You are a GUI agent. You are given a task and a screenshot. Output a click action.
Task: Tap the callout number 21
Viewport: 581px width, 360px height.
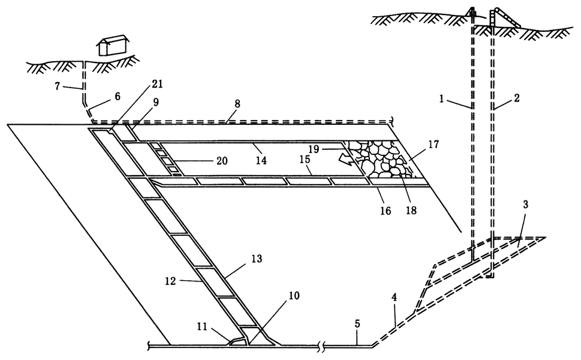pyautogui.click(x=156, y=85)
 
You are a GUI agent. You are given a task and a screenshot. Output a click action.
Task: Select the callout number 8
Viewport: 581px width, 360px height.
pyautogui.click(x=237, y=104)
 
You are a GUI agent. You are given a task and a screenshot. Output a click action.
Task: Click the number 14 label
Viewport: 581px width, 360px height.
pyautogui.click(x=261, y=160)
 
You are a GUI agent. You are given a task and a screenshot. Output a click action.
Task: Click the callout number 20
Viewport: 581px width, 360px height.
pyautogui.click(x=222, y=161)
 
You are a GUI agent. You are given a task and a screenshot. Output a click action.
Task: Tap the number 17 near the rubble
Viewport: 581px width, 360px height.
pyautogui.click(x=434, y=144)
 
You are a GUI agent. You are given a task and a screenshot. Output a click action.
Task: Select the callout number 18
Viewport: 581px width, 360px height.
pyautogui.click(x=411, y=210)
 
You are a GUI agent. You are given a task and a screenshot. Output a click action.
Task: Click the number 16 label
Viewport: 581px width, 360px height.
pyautogui.click(x=386, y=211)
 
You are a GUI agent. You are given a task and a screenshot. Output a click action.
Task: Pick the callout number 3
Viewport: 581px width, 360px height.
pyautogui.click(x=525, y=204)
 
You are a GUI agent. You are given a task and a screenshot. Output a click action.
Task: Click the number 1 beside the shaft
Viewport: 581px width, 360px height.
pyautogui.click(x=441, y=99)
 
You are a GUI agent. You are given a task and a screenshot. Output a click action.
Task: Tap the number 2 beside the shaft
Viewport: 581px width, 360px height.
pyautogui.click(x=516, y=98)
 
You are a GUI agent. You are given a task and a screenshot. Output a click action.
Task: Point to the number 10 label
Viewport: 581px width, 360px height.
pyautogui.click(x=294, y=296)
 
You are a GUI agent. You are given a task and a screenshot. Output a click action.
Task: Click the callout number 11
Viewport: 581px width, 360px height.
pyautogui.click(x=202, y=326)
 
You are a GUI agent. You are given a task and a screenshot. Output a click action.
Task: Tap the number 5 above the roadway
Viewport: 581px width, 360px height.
pyautogui.click(x=357, y=323)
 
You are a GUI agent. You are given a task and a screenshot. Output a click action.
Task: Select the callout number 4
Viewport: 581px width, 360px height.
pyautogui.click(x=395, y=298)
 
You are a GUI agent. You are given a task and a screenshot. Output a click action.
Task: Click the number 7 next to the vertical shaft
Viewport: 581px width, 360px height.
pyautogui.click(x=57, y=86)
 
